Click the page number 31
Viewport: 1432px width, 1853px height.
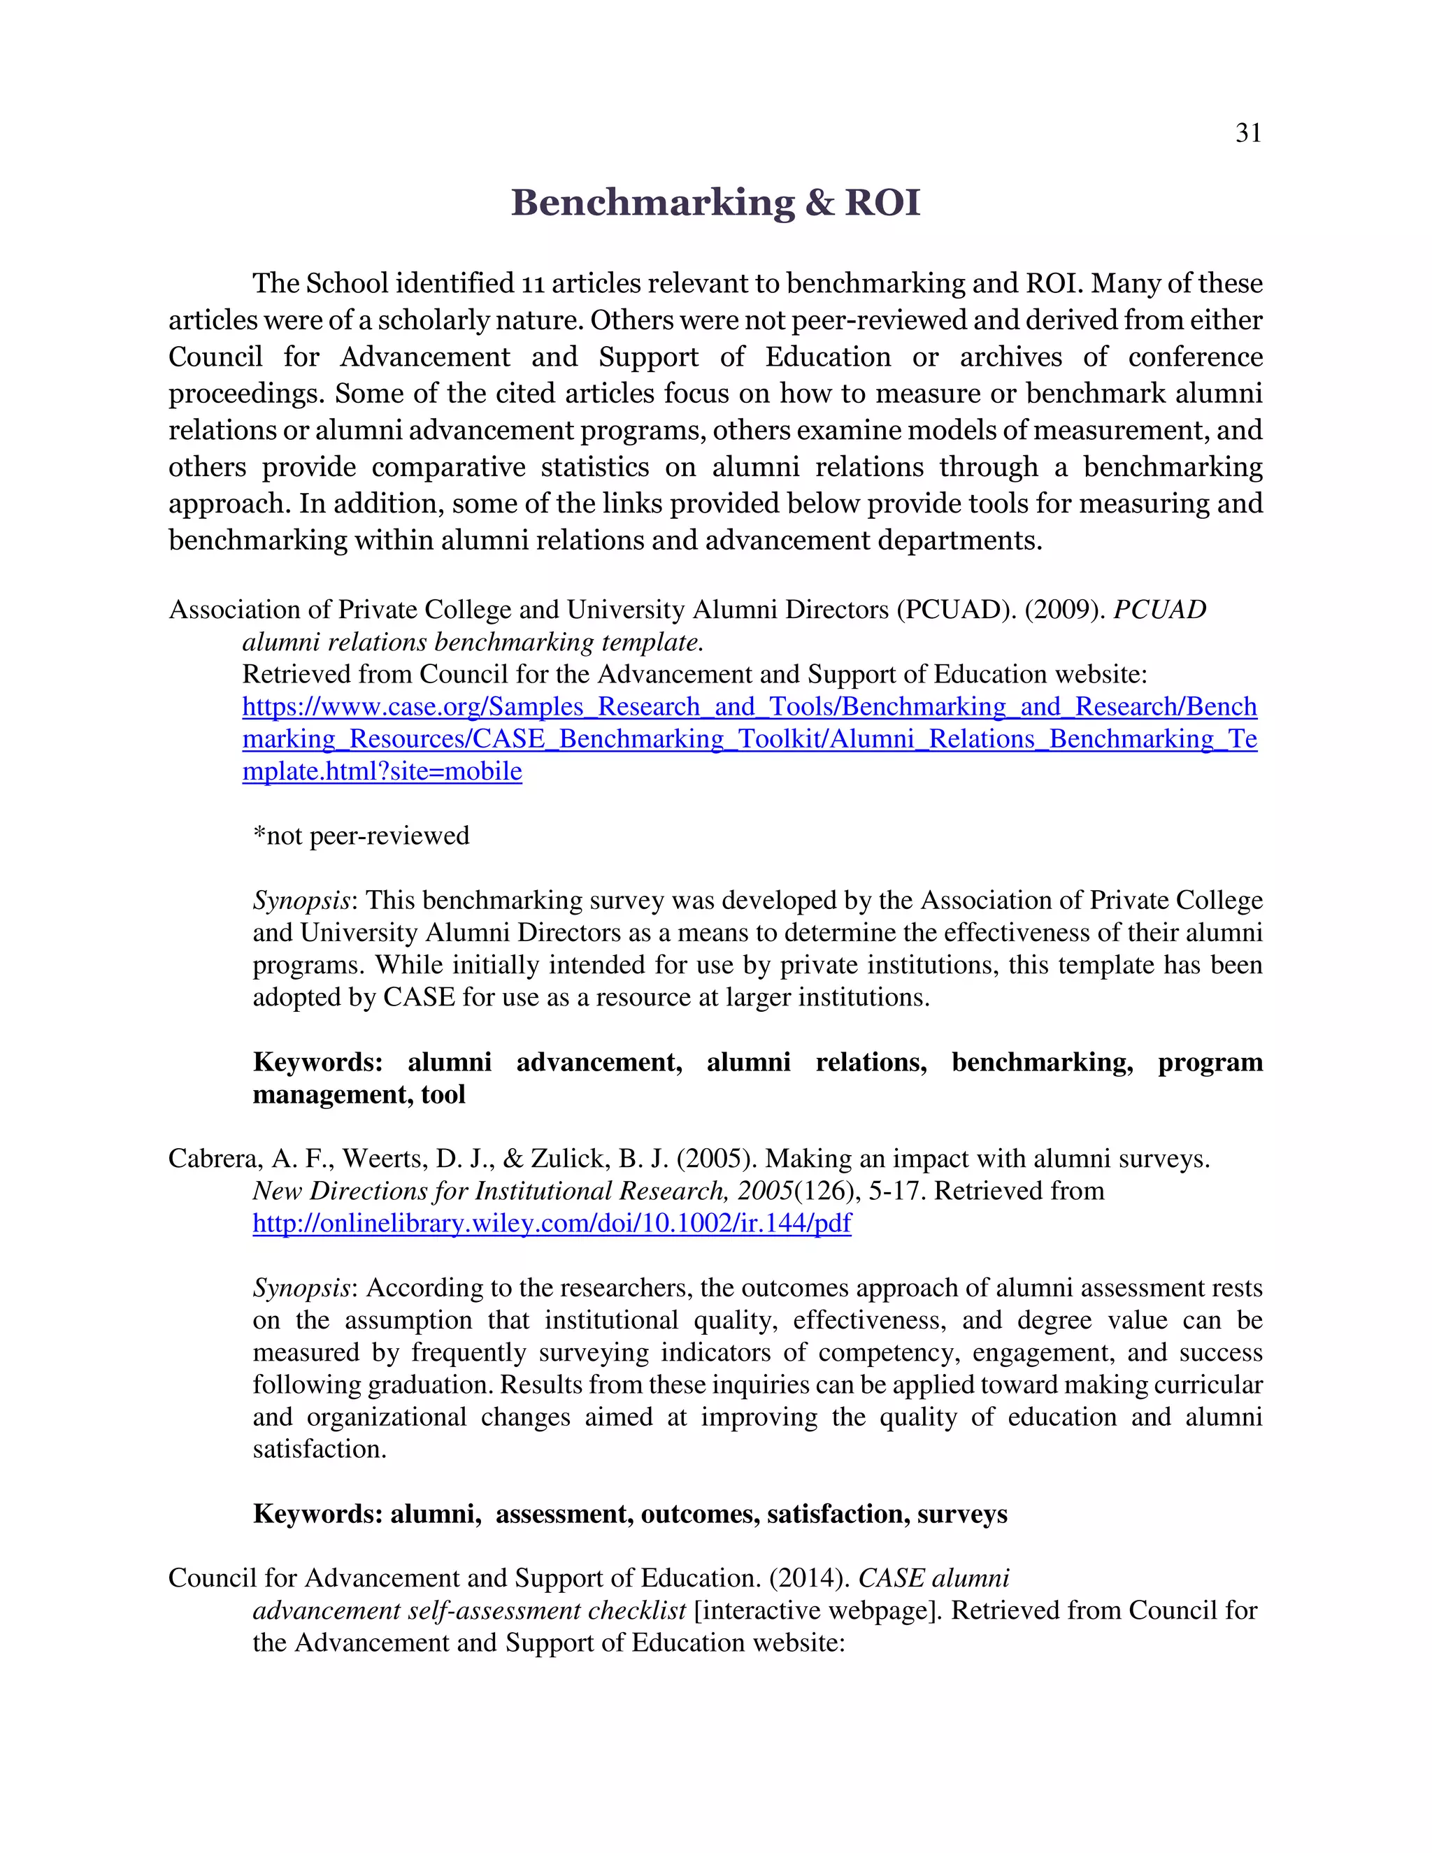pyautogui.click(x=1248, y=133)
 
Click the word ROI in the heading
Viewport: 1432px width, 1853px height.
pyautogui.click(x=882, y=203)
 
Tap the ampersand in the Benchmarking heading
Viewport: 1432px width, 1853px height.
pyautogui.click(x=819, y=203)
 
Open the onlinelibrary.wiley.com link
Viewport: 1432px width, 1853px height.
pyautogui.click(x=552, y=1224)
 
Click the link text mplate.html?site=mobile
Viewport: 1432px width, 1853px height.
pyautogui.click(x=382, y=771)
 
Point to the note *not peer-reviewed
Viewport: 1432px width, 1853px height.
pyautogui.click(x=361, y=836)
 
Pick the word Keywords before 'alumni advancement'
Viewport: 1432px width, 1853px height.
pyautogui.click(x=317, y=1062)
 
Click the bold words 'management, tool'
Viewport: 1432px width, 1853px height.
pyautogui.click(x=359, y=1094)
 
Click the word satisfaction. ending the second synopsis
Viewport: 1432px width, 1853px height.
pyautogui.click(x=319, y=1449)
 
